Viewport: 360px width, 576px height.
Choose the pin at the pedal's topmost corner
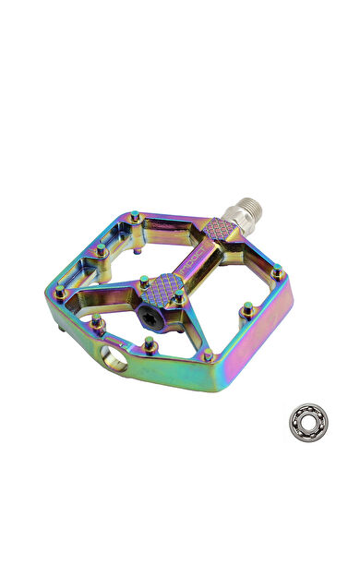136,217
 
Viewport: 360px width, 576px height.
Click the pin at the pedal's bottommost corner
209,354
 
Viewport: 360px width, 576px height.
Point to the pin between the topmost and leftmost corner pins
99,250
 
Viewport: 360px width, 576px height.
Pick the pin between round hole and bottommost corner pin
150,343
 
